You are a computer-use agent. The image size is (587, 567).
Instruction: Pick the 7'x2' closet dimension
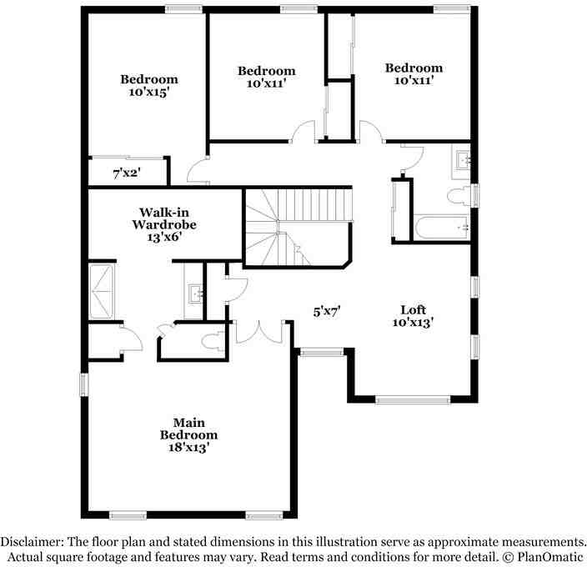[x=127, y=173]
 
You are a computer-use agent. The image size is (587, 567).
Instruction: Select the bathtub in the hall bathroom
[x=441, y=226]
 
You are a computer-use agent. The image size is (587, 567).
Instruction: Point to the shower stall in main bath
[x=104, y=292]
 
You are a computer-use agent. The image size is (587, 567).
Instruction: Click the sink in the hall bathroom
[x=463, y=159]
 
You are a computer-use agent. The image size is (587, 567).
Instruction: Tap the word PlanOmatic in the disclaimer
[x=548, y=556]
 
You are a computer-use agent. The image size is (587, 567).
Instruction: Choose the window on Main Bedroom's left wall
[x=83, y=384]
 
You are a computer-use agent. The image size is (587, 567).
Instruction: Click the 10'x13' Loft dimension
[x=414, y=322]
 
